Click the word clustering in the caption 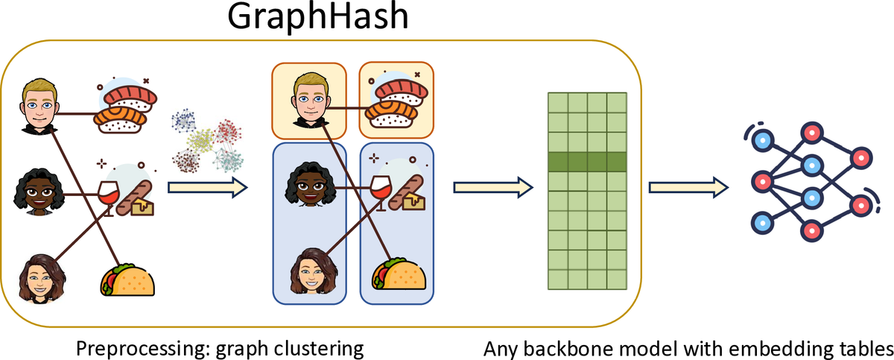coord(308,349)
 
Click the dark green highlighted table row coord(587,162)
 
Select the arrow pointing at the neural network coord(686,187)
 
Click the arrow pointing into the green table coord(492,187)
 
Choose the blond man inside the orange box coord(309,101)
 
